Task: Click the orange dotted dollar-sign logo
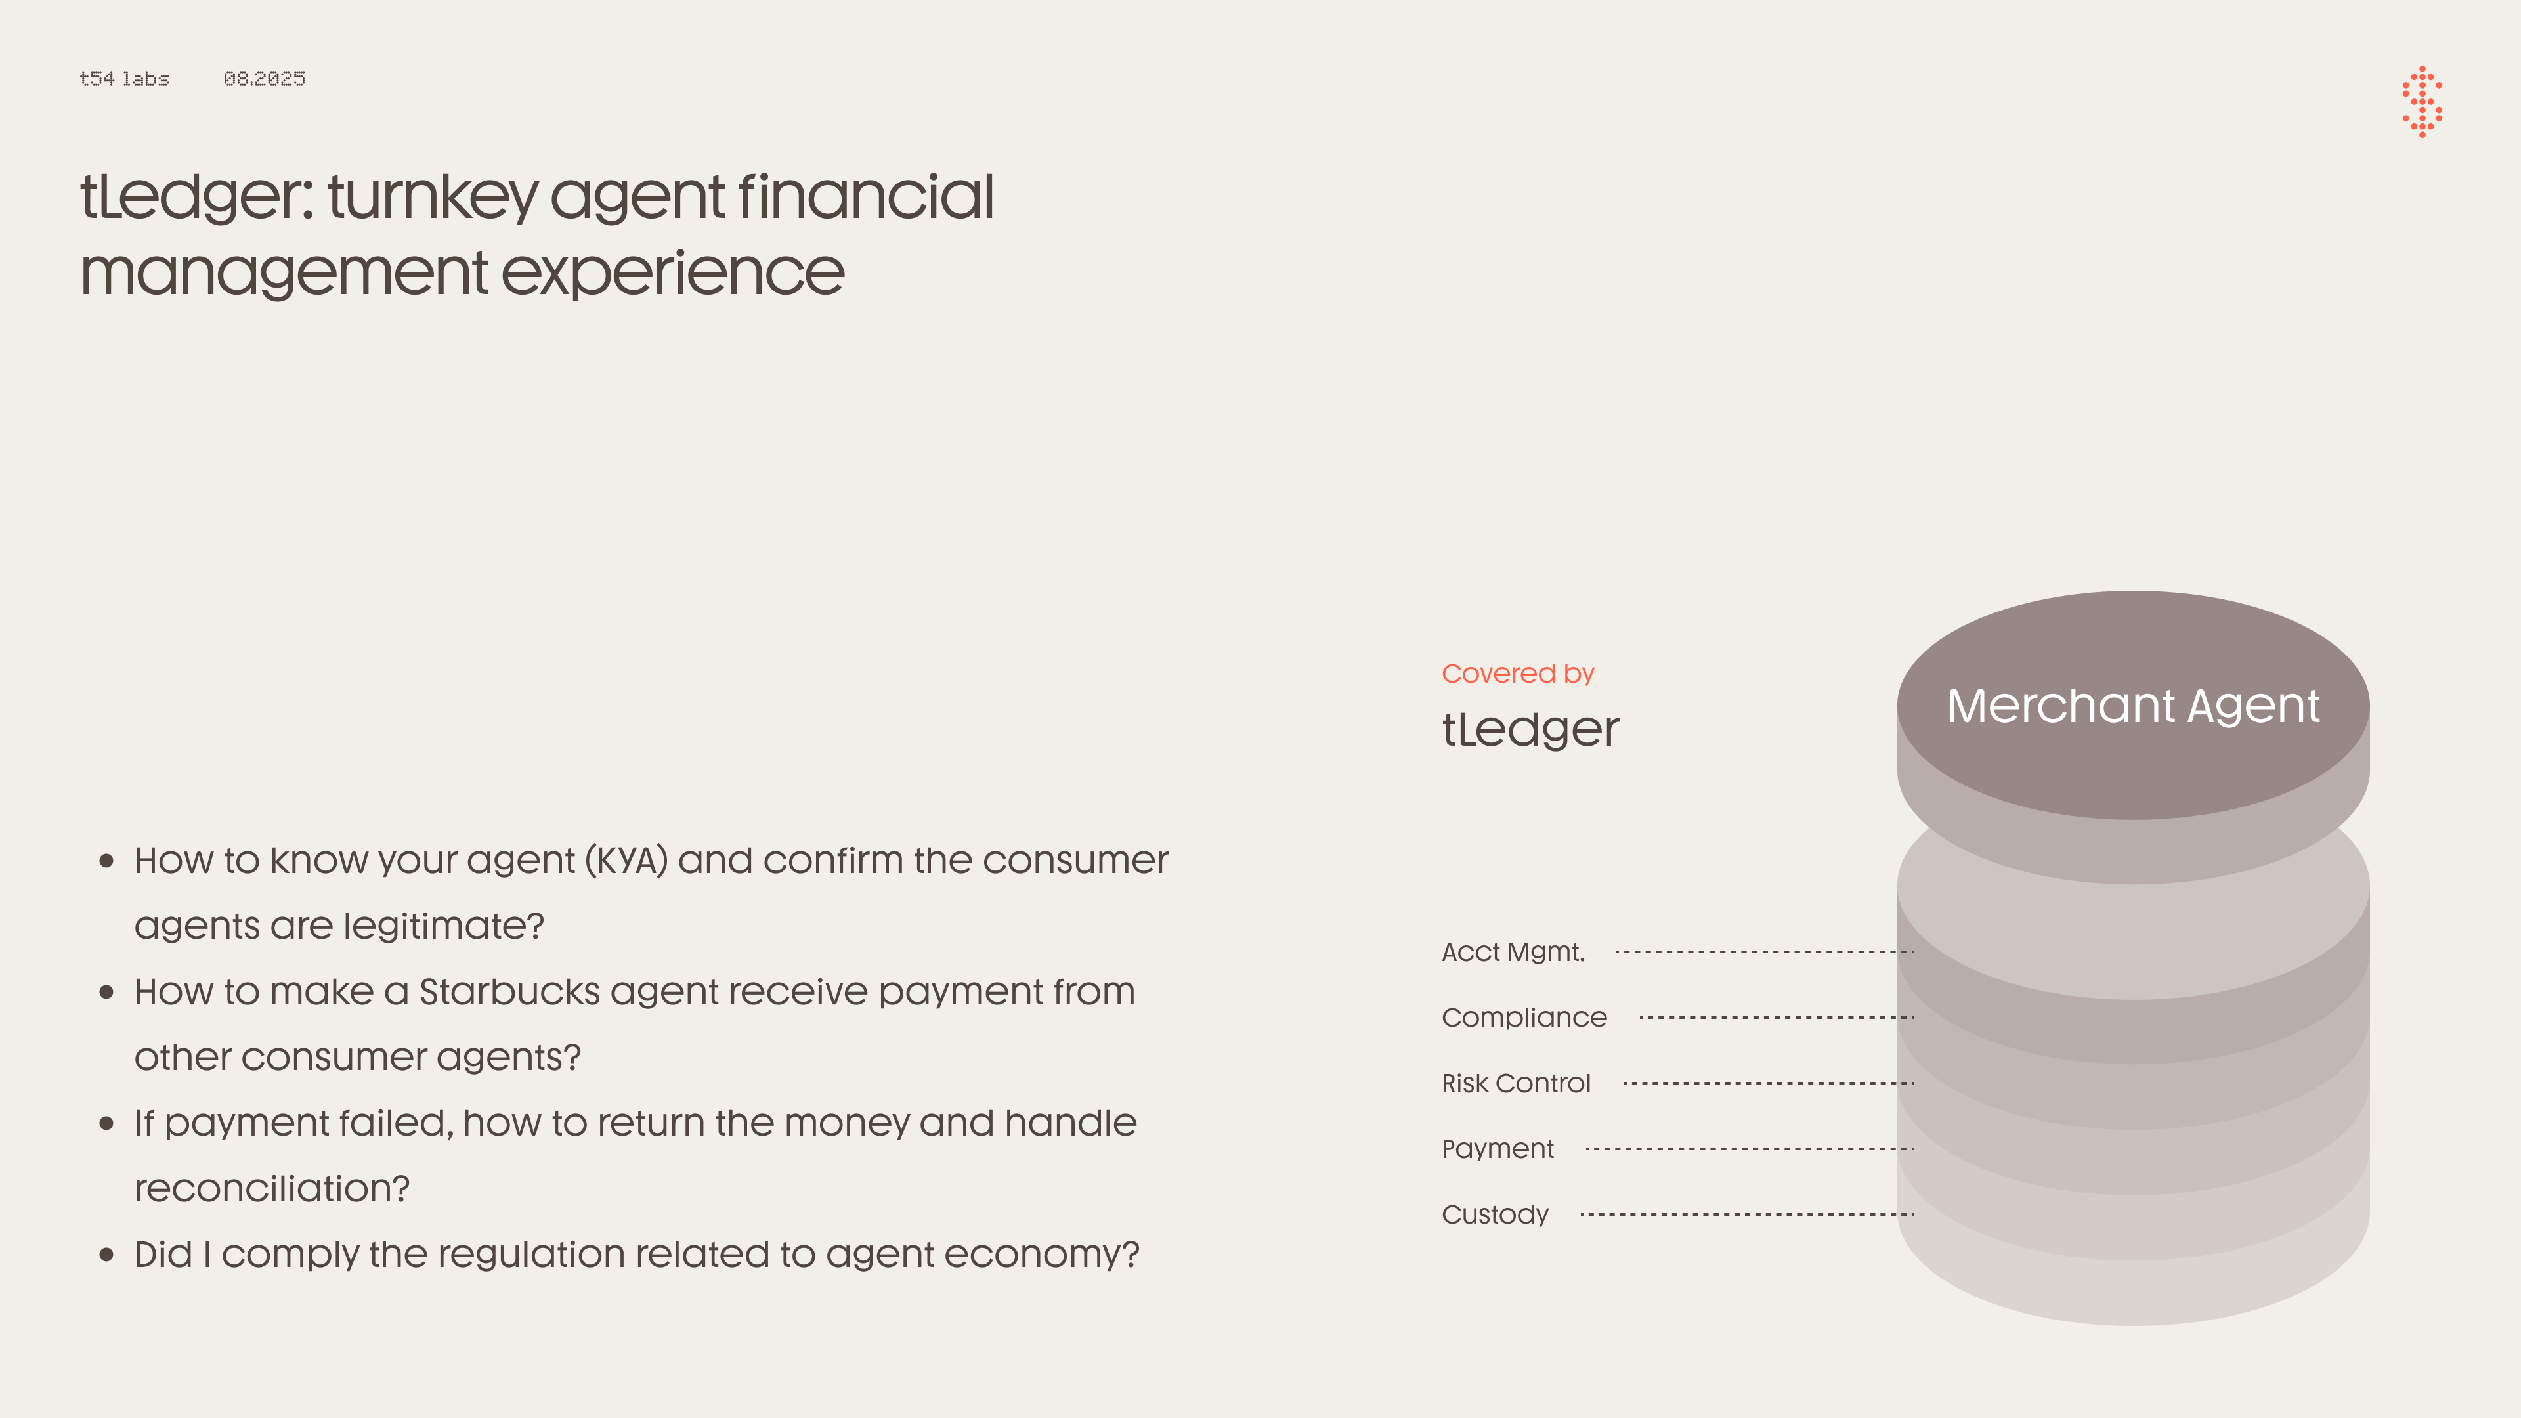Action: (2422, 102)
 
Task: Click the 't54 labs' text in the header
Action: (124, 78)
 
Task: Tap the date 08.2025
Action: (264, 78)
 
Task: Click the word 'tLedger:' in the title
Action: (197, 197)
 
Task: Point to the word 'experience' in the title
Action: (674, 273)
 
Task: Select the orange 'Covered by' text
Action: (1518, 674)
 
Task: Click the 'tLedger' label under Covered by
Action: (1530, 729)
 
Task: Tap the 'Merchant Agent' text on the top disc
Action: (2134, 706)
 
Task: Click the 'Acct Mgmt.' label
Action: (1513, 952)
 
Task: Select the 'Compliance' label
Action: (1524, 1018)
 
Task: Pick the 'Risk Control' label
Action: (1516, 1083)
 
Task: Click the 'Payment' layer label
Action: (1498, 1149)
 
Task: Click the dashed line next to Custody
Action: (1747, 1214)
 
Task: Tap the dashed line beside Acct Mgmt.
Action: (1765, 951)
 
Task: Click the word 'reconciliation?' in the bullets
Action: (272, 1189)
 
